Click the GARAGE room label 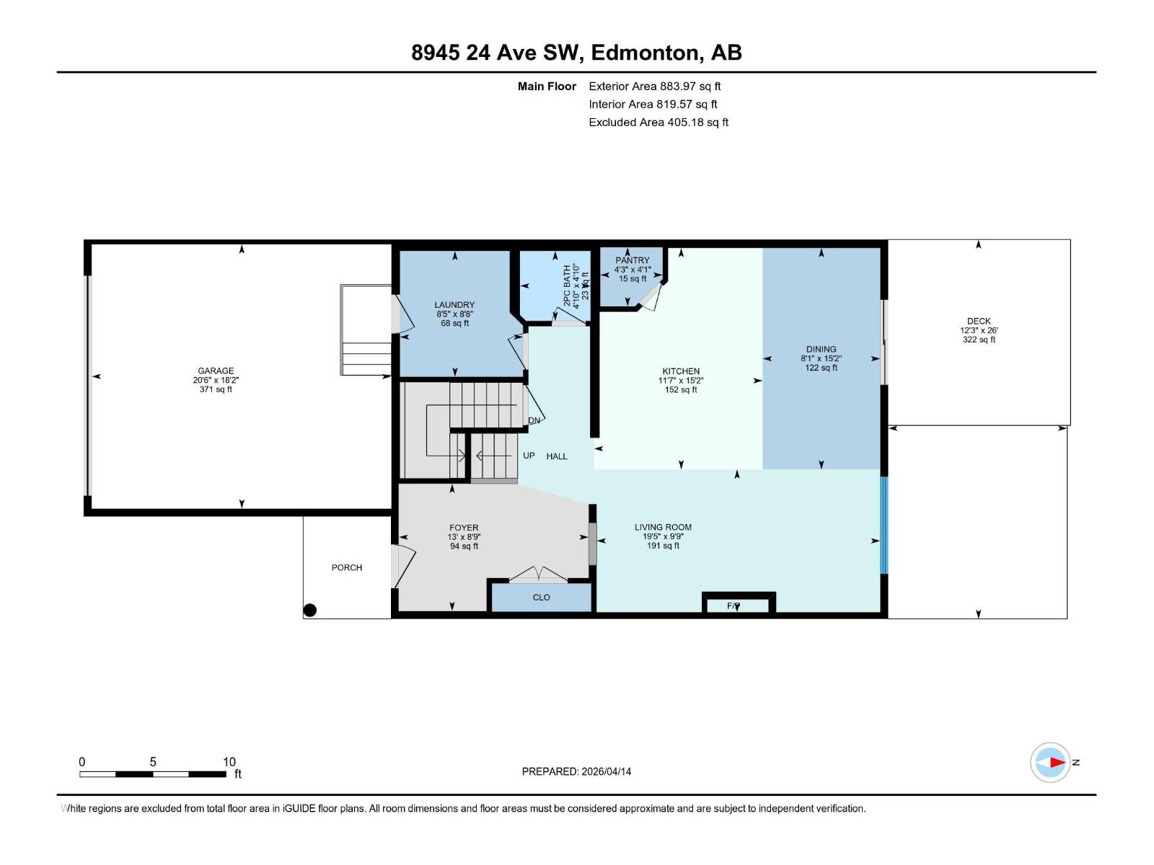(216, 371)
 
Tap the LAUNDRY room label (454, 305)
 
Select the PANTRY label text (633, 260)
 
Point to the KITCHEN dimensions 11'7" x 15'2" (680, 381)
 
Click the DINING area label (821, 349)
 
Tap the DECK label (979, 321)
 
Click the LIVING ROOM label (663, 527)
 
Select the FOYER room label (464, 528)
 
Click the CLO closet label (541, 597)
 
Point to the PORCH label (346, 567)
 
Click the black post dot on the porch (310, 610)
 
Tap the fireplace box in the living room (738, 603)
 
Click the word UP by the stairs (529, 456)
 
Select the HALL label (557, 456)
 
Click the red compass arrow (1057, 762)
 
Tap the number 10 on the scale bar (229, 762)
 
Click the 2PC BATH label (567, 285)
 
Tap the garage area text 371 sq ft (216, 389)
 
